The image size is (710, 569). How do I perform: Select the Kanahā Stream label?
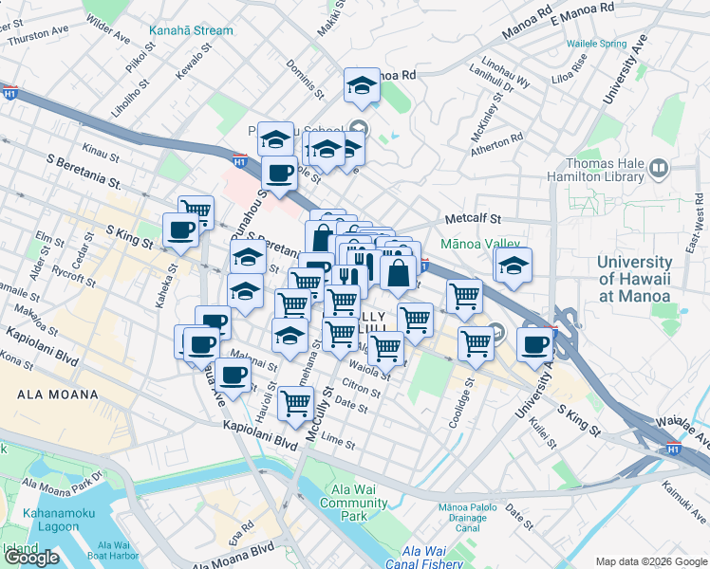190,30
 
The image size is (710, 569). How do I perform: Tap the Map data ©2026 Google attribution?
651,561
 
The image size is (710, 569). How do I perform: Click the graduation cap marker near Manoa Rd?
362,86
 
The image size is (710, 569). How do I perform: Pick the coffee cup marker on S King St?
180,229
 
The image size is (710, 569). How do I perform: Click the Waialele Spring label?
596,44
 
